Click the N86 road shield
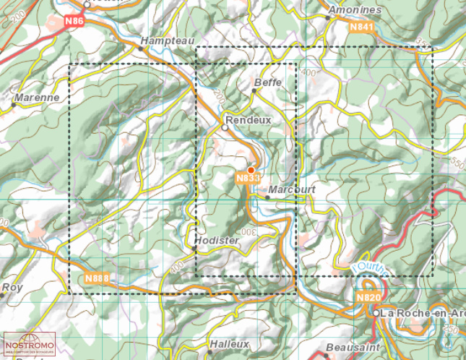tap(74, 22)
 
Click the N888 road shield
tap(96, 278)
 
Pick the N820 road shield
tap(367, 296)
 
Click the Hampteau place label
tap(168, 42)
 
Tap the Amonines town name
tap(354, 10)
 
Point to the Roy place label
tap(12, 287)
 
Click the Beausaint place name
tap(353, 347)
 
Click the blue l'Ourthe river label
tap(371, 269)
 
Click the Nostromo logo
tap(28, 345)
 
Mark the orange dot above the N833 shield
tap(251, 169)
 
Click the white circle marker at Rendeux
tap(225, 127)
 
